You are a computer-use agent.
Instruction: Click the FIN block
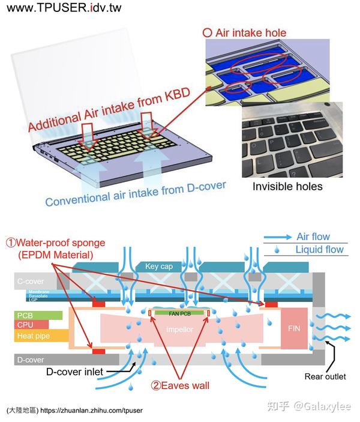click(x=294, y=329)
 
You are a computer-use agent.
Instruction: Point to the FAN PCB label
click(x=178, y=313)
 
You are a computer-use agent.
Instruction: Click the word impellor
click(x=178, y=330)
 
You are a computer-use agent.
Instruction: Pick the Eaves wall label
click(x=180, y=385)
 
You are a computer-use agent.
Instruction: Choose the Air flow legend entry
click(x=312, y=237)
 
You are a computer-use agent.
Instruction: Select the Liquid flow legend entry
click(x=317, y=250)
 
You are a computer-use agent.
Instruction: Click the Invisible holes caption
click(x=287, y=186)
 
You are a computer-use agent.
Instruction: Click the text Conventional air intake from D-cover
click(x=135, y=194)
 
